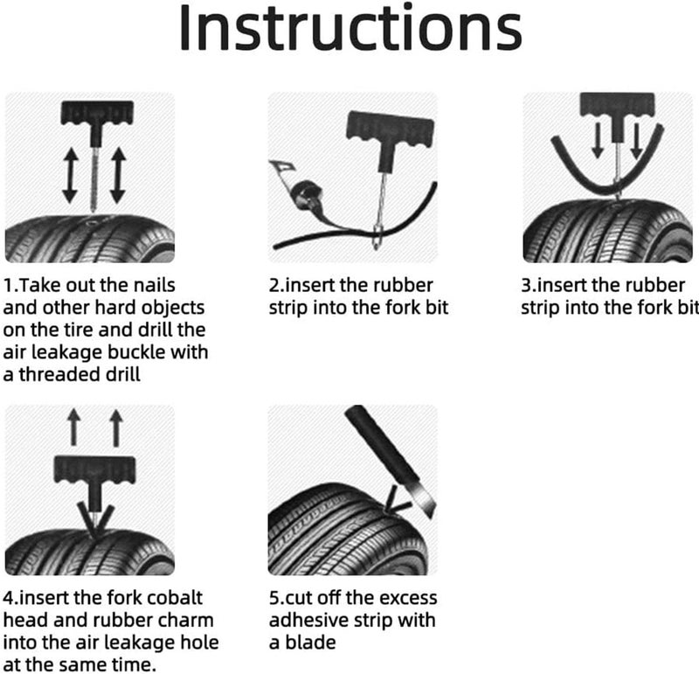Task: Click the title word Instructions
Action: (x=350, y=28)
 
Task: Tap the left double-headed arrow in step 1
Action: (x=70, y=176)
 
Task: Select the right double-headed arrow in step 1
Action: (x=118, y=176)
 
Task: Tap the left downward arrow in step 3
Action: (x=598, y=141)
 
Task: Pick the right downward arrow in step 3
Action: (x=636, y=141)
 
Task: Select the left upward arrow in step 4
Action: (x=74, y=428)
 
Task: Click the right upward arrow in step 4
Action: (x=116, y=428)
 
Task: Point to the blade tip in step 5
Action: (x=431, y=518)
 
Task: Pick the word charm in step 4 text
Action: (x=189, y=620)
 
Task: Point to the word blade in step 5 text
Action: (x=310, y=643)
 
